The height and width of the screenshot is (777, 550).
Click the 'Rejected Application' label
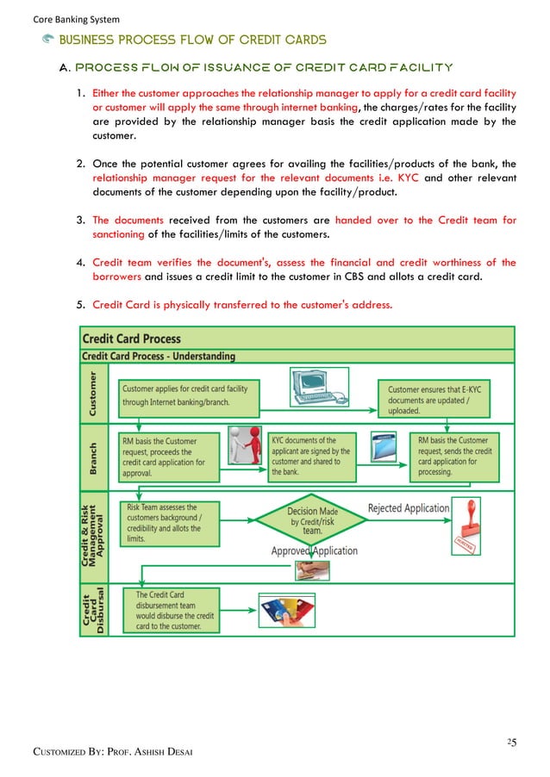(409, 508)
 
